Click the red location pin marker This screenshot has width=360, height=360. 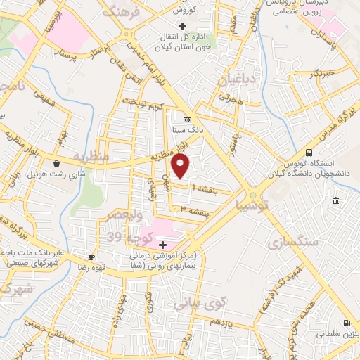coord(181,165)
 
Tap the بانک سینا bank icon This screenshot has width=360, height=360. coord(187,120)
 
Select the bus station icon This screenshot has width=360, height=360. coord(309,153)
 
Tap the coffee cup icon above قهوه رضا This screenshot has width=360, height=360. coord(91,257)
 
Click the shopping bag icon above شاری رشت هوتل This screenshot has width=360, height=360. coord(56,162)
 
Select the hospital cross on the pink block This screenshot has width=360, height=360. coord(162,245)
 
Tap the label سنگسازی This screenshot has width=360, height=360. coord(292,243)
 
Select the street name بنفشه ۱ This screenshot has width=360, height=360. coord(198,188)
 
